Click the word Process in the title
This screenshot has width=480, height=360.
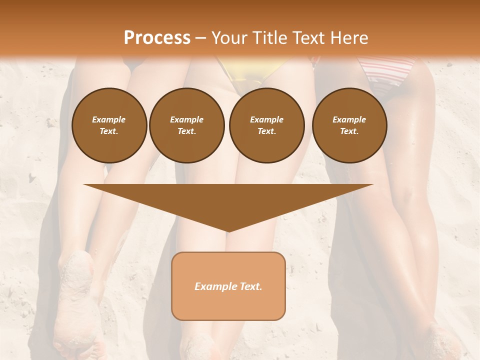click(x=157, y=38)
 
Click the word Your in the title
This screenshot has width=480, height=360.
click(x=229, y=38)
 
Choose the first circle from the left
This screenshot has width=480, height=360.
click(x=109, y=125)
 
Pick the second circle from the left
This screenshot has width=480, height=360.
click(x=187, y=125)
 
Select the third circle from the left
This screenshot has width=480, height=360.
click(x=267, y=125)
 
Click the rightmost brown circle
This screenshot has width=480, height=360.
click(x=349, y=125)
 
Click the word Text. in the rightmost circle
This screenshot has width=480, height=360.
click(x=349, y=131)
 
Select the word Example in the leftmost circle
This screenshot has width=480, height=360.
click(x=109, y=119)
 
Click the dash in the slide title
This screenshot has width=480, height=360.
click(x=201, y=38)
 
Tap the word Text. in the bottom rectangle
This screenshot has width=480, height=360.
click(x=251, y=286)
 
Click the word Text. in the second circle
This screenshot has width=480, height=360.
click(x=187, y=131)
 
